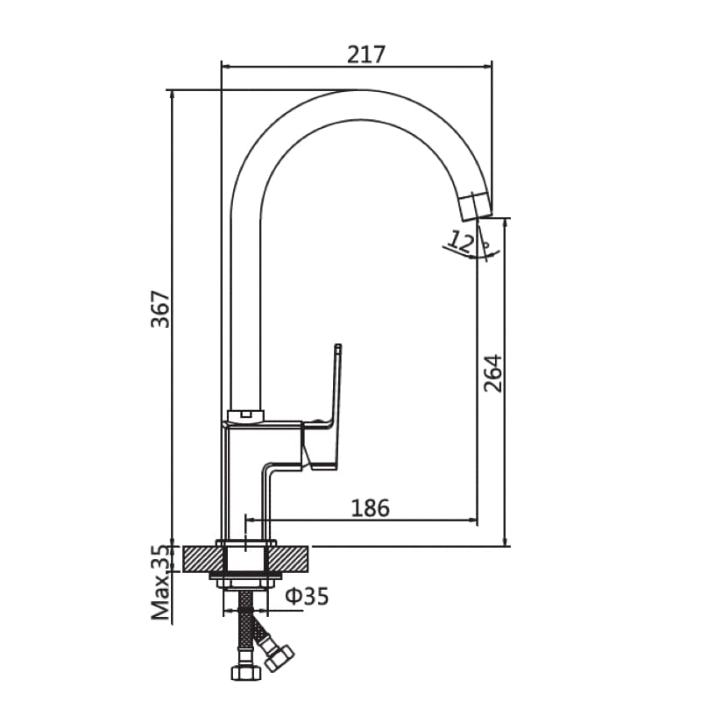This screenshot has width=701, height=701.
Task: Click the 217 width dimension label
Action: pyautogui.click(x=366, y=54)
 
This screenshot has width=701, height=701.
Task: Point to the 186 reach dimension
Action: pyautogui.click(x=370, y=506)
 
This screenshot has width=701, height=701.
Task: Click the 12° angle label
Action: pyautogui.click(x=465, y=239)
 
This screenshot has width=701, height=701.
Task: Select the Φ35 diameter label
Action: pyautogui.click(x=308, y=597)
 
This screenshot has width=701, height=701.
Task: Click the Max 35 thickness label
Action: pyautogui.click(x=159, y=583)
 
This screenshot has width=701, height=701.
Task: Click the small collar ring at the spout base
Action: pyautogui.click(x=245, y=414)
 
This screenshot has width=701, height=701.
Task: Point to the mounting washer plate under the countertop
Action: pyautogui.click(x=246, y=576)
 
